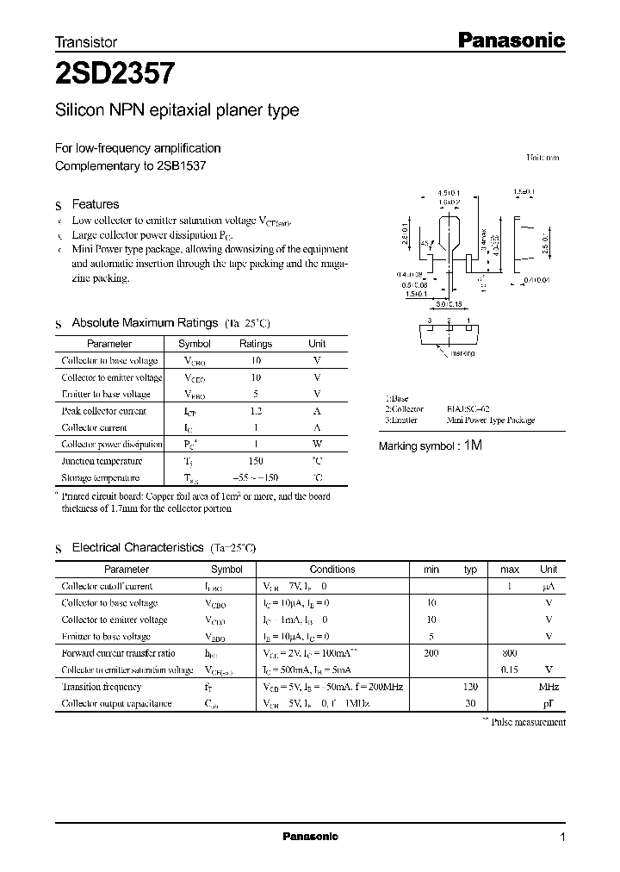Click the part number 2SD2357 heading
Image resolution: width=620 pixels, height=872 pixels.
[x=116, y=74]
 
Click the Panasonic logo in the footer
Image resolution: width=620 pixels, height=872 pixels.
[x=311, y=837]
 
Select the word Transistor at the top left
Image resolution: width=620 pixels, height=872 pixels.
[x=86, y=41]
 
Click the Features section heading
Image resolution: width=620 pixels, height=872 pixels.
[x=95, y=204]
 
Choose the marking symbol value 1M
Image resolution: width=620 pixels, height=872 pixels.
[x=473, y=445]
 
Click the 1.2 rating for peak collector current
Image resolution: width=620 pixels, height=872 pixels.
[x=256, y=411]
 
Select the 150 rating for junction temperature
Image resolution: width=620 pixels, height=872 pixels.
[x=256, y=461]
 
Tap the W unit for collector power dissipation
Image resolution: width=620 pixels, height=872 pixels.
[x=317, y=445]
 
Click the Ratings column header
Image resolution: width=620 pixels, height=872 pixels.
[x=256, y=344]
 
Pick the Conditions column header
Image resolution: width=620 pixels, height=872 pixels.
[x=332, y=570]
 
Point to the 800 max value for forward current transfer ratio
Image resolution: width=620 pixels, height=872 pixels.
[x=510, y=653]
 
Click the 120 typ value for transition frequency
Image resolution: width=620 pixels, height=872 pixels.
[x=470, y=687]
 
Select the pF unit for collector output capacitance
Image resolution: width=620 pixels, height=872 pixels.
[x=549, y=704]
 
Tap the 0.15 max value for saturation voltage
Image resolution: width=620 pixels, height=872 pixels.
[x=510, y=670]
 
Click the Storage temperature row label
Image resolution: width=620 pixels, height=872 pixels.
[x=101, y=477]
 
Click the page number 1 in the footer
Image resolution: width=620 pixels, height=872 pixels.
[x=562, y=838]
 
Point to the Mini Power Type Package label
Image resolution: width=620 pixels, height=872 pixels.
[x=491, y=420]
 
